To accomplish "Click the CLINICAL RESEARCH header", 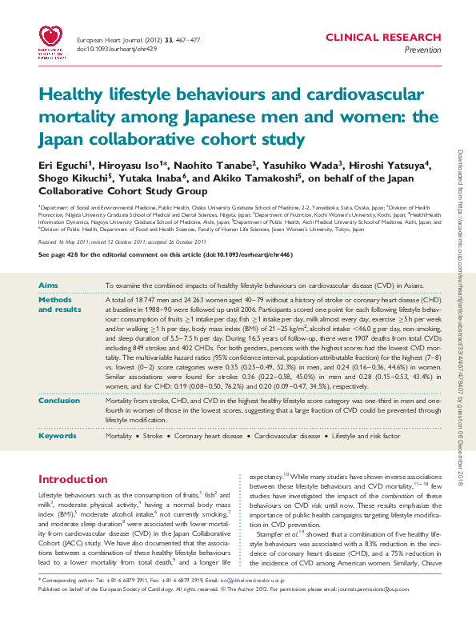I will [x=382, y=38].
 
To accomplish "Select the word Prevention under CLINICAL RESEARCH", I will [x=422, y=50].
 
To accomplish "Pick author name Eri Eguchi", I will [x=62, y=165].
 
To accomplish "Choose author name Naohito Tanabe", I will [x=211, y=165].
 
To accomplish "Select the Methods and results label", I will [x=59, y=305].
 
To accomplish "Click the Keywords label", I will [x=58, y=436].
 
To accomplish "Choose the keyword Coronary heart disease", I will [x=220, y=436].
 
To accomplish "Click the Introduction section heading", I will [x=78, y=480].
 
